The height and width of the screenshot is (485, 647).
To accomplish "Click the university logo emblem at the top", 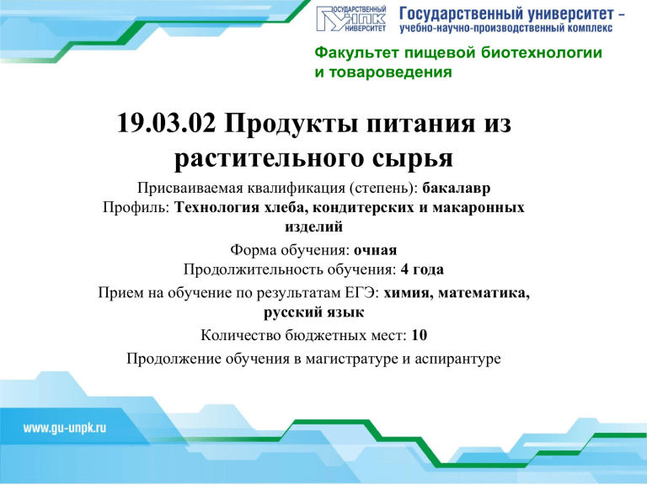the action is (351, 19).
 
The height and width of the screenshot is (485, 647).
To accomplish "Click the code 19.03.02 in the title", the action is (166, 123).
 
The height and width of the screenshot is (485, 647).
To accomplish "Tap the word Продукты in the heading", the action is (291, 124).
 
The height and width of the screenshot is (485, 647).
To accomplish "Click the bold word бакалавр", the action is (457, 188).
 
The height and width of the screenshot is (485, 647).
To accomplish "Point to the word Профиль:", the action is (136, 207).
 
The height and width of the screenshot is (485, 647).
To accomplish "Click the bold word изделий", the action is (313, 227).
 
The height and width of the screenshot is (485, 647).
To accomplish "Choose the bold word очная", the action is (375, 250).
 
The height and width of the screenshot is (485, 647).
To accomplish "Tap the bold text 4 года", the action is (422, 269).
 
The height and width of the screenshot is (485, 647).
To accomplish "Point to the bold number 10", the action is (420, 335).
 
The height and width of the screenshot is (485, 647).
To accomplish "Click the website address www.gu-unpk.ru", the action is (65, 428).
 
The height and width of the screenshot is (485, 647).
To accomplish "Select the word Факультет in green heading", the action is (357, 53).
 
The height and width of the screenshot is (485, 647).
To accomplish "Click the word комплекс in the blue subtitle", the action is (591, 29).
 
